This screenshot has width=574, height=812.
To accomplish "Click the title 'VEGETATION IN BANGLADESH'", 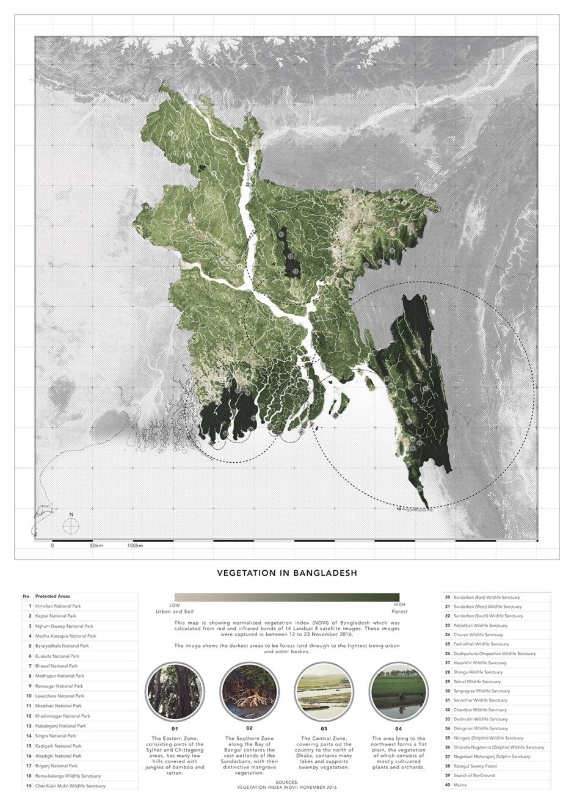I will [x=287, y=573].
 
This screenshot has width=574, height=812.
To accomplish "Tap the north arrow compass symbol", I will [x=71, y=526].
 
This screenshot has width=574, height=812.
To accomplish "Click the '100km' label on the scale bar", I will [x=135, y=545].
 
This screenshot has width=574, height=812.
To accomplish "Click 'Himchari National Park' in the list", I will [x=58, y=606].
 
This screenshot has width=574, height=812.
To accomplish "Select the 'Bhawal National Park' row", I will [x=56, y=666].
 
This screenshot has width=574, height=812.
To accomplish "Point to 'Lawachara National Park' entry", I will [x=60, y=696].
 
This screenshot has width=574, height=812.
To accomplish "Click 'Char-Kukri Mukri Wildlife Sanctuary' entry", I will [x=70, y=786].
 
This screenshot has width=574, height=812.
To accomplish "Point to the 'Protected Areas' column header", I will [x=53, y=596].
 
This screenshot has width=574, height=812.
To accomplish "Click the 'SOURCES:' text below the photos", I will [x=287, y=782].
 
